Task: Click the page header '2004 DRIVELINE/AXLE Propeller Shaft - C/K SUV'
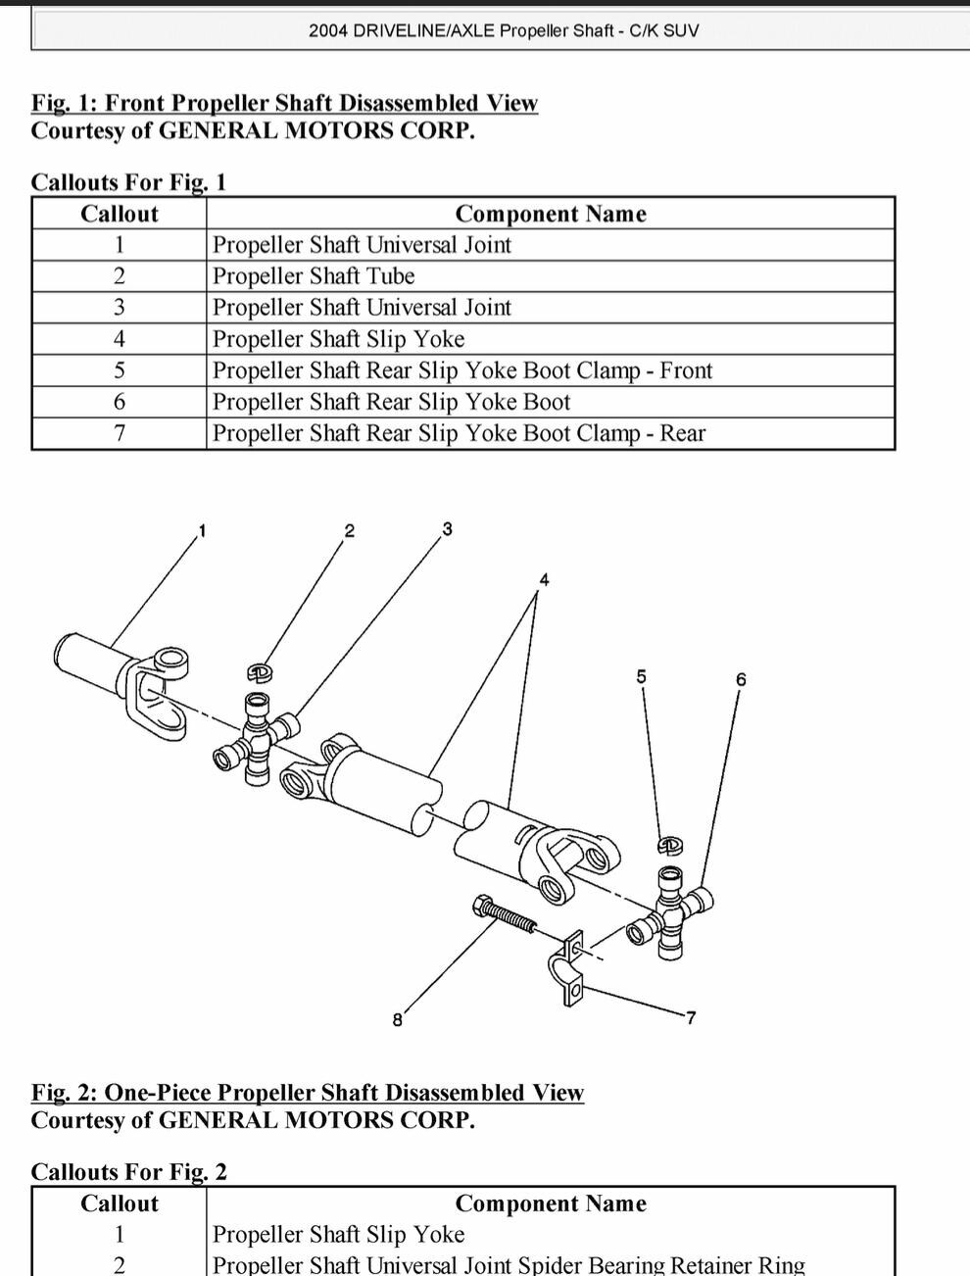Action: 504,30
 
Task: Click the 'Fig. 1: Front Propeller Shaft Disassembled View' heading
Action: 284,103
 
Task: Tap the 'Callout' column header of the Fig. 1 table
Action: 119,214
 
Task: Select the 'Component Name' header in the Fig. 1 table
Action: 550,214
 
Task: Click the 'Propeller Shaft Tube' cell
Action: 314,276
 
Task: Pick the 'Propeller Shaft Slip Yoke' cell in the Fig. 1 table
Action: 338,339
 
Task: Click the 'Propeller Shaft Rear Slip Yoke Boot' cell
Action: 391,402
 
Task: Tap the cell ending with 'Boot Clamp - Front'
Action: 461,370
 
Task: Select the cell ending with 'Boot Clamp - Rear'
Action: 459,433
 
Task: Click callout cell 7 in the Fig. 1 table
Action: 119,433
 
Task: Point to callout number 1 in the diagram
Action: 202,531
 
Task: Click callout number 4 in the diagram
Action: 545,579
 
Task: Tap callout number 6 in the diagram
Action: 741,679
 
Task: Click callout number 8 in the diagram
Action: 397,1020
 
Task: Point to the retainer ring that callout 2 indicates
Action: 259,672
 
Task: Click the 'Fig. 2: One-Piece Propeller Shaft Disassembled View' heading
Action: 307,1093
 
